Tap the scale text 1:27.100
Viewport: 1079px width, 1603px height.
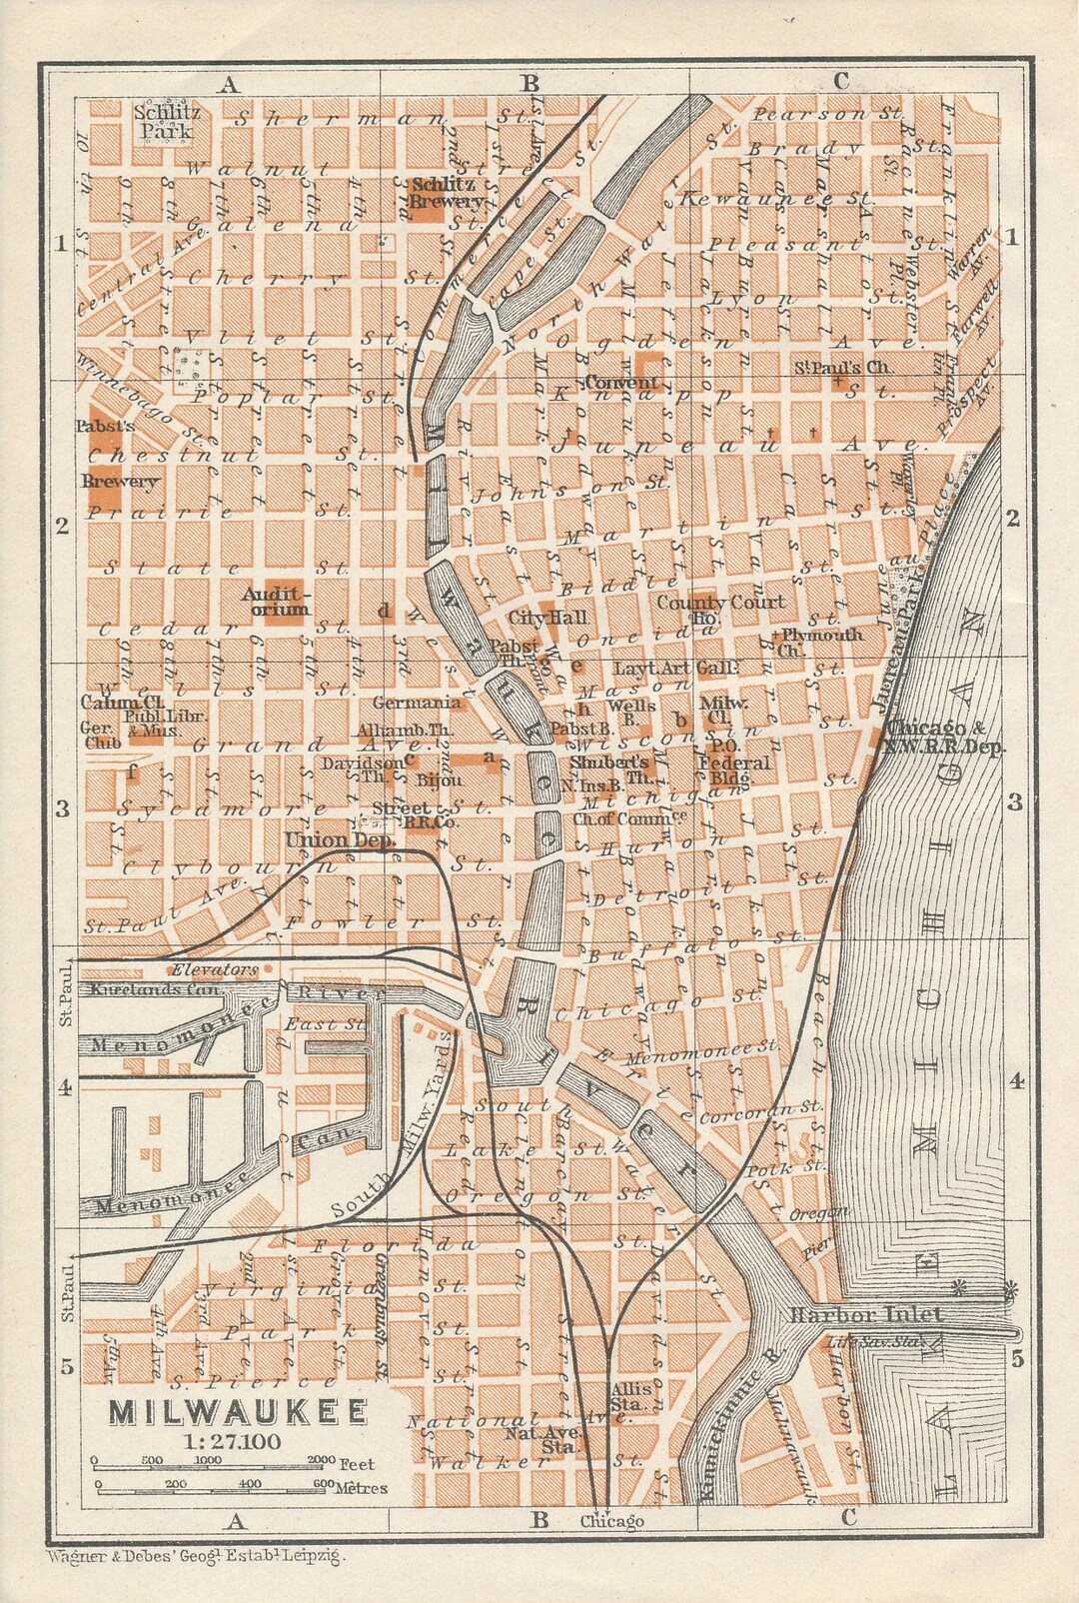[x=232, y=1440]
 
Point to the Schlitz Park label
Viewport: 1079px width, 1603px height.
[x=167, y=121]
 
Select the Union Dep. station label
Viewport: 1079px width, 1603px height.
[x=341, y=840]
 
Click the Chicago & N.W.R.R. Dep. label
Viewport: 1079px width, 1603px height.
[x=946, y=737]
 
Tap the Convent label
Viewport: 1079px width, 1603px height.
[x=621, y=383]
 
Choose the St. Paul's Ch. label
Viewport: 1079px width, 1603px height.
[x=841, y=368]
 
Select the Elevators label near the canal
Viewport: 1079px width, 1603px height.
[x=214, y=969]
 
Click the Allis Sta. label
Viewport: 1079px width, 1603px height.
[x=633, y=1396]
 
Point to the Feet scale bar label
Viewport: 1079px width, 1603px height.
[x=357, y=1464]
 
